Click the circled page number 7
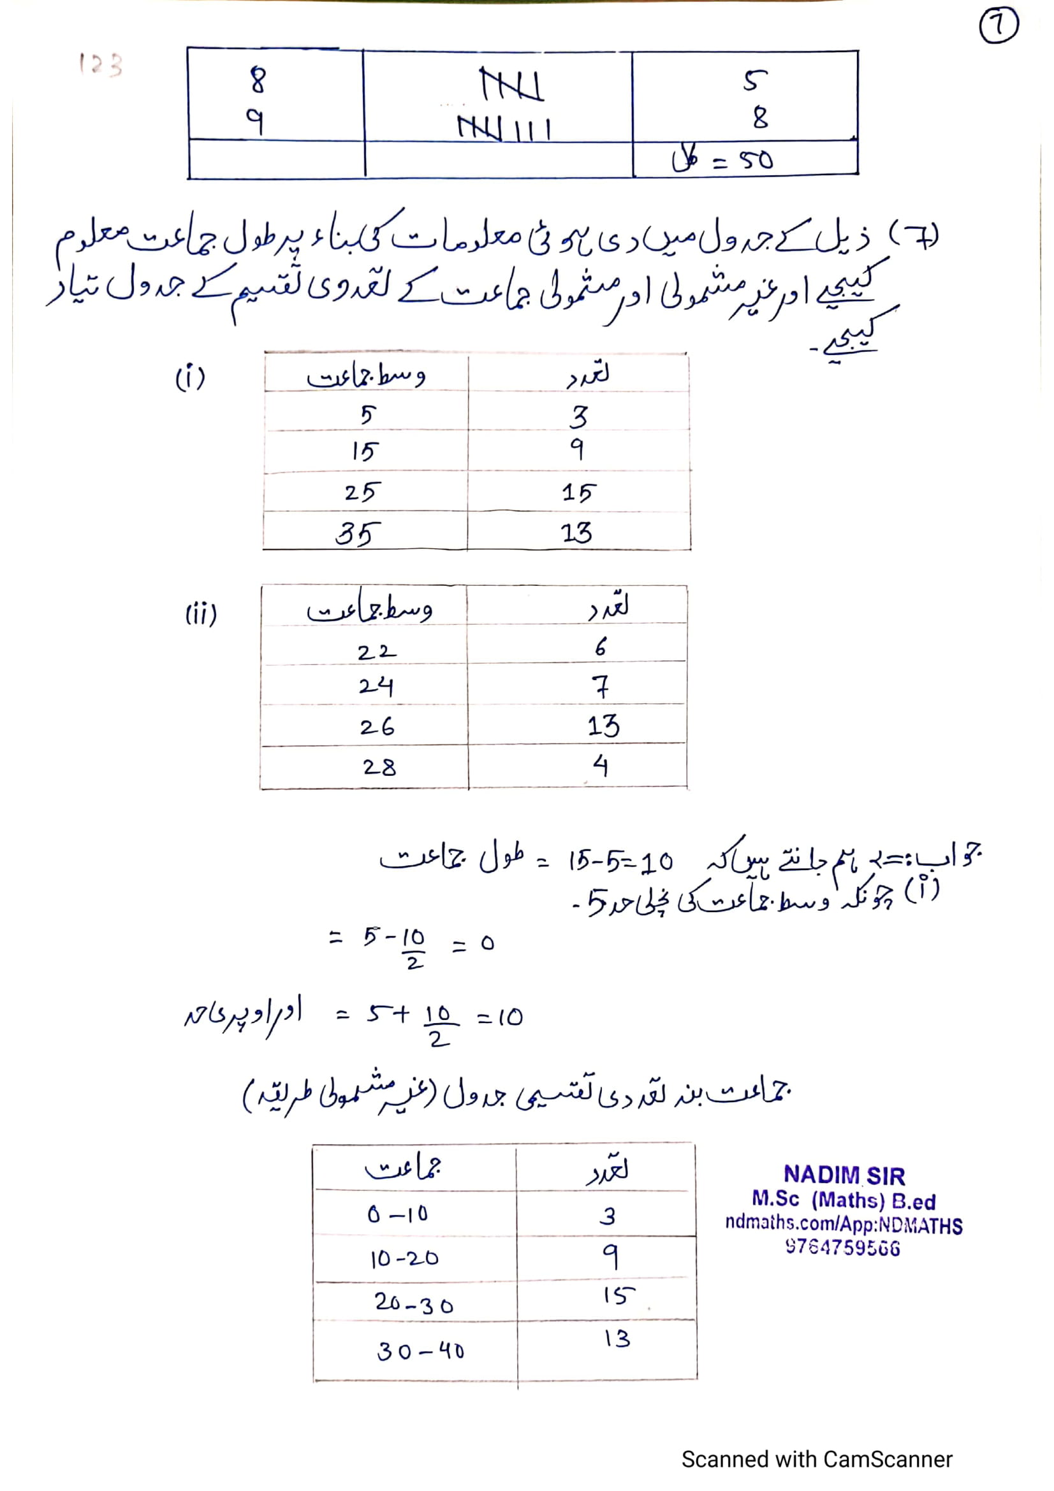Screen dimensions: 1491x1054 tap(998, 27)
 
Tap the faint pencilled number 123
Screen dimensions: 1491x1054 tap(100, 64)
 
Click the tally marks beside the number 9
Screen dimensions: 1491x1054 tap(504, 128)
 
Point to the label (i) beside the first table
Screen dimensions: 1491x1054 tap(190, 377)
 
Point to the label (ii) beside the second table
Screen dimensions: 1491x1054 tap(201, 614)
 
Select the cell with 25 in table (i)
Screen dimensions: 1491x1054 tap(359, 491)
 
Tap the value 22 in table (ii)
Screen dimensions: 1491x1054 tap(376, 651)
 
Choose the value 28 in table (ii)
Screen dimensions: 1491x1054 tap(379, 767)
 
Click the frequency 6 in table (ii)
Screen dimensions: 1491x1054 tap(601, 647)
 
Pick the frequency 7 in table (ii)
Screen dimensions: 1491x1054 tap(601, 687)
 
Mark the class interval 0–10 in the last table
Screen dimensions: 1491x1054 tap(397, 1214)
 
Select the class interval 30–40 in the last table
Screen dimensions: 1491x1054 tap(420, 1351)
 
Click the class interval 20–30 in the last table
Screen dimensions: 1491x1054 tap(414, 1303)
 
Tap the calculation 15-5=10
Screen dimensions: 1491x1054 tap(620, 861)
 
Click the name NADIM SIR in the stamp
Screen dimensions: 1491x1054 tap(844, 1175)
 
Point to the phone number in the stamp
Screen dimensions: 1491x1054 tap(842, 1247)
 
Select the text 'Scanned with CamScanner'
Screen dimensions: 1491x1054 tap(816, 1459)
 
